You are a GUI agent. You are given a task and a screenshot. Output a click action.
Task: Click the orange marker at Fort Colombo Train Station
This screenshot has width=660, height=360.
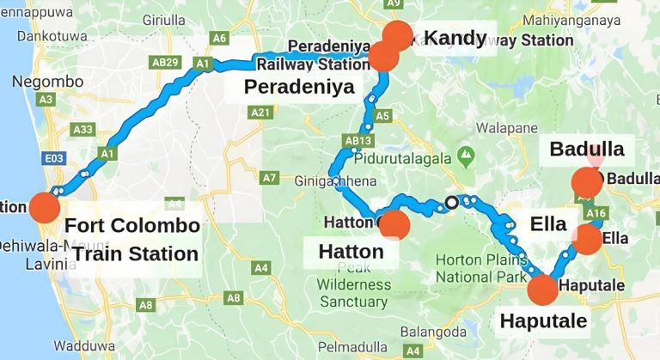pyautogui.click(x=44, y=208)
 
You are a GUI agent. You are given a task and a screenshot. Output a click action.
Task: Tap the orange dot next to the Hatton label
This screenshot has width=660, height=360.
pyautogui.click(x=394, y=225)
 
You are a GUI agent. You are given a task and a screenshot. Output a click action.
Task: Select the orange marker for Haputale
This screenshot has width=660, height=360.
pyautogui.click(x=542, y=290)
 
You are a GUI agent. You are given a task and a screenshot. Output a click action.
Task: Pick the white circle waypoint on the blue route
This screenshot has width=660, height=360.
pyautogui.click(x=451, y=204)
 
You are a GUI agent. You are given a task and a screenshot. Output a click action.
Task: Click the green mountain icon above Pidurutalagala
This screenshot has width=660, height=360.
pyautogui.click(x=466, y=156)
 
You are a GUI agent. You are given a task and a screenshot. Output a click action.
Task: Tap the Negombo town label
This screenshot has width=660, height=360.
pyautogui.click(x=47, y=82)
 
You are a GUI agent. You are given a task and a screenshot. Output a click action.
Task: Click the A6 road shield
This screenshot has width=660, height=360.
pyautogui.click(x=219, y=38)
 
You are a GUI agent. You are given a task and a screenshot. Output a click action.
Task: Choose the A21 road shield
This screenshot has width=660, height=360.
pyautogui.click(x=259, y=113)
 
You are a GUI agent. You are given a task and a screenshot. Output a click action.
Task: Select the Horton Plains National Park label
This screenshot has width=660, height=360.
pyautogui.click(x=481, y=268)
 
